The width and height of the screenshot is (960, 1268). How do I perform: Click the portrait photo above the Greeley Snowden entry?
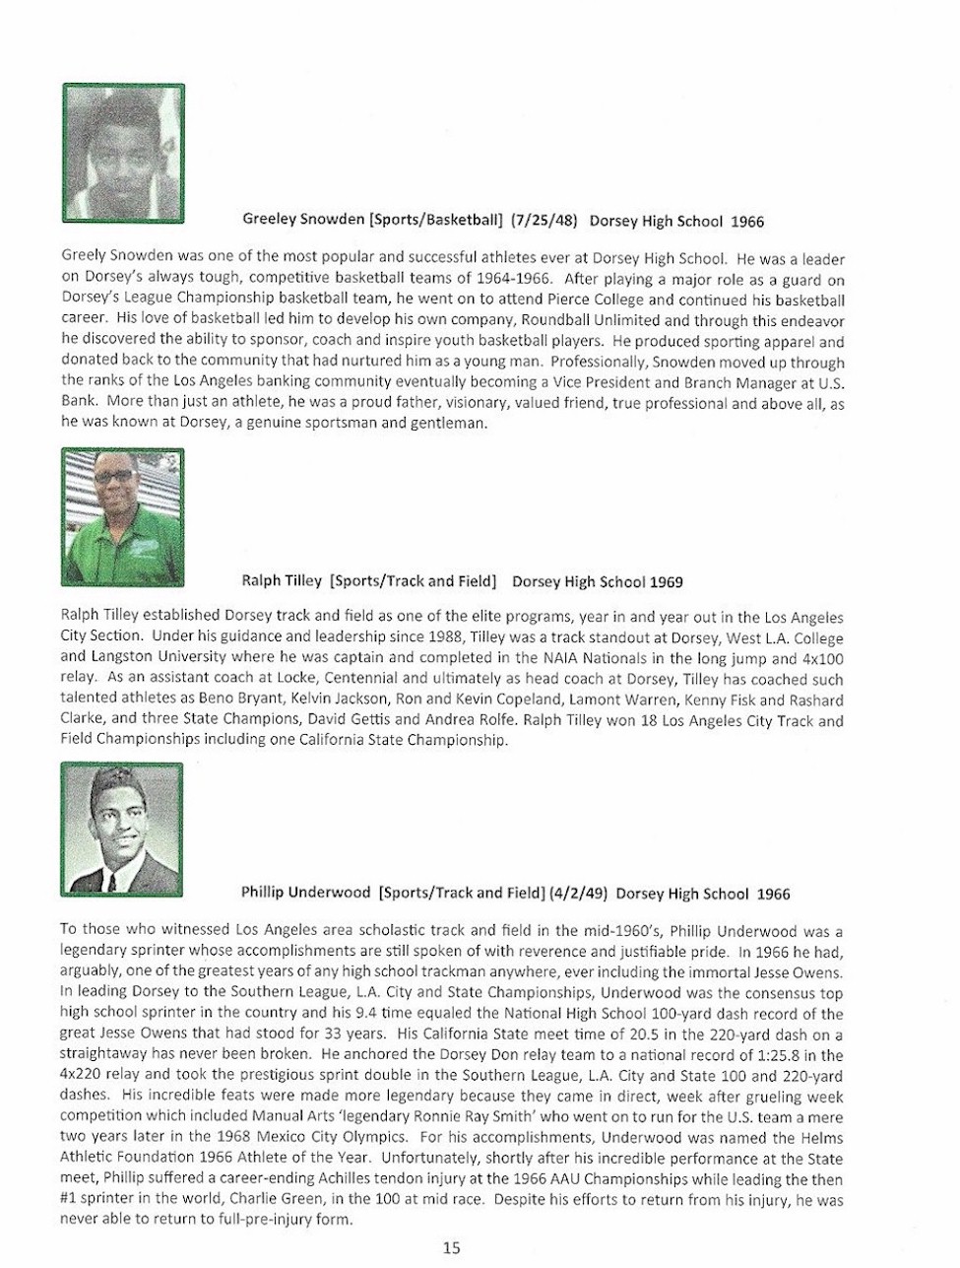[123, 152]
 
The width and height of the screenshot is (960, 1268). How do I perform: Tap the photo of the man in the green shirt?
[122, 516]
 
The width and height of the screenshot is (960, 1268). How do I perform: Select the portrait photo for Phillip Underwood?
[122, 829]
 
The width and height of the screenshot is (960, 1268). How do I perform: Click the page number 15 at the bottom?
[451, 1247]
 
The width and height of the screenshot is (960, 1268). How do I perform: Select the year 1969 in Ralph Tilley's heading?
[666, 582]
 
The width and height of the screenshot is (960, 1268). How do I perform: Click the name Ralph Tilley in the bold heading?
[281, 582]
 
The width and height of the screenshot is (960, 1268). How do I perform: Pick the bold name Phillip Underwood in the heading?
[305, 894]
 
